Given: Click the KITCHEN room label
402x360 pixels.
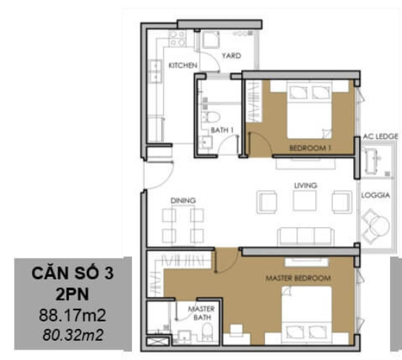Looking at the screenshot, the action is click(x=182, y=65).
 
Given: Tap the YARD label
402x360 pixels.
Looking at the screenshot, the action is click(x=231, y=56).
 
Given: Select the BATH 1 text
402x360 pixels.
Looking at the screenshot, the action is click(x=222, y=130).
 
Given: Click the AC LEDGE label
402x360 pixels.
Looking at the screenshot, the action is click(x=380, y=137).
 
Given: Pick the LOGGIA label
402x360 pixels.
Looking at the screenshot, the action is click(x=375, y=195).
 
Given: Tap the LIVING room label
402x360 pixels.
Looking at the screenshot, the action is click(x=306, y=186).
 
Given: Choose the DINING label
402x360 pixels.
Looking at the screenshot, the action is click(x=183, y=200).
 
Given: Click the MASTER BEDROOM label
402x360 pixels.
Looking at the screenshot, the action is click(x=298, y=278).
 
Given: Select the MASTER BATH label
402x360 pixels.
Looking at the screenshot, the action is click(x=202, y=313).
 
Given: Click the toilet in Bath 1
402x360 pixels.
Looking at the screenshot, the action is click(x=211, y=117).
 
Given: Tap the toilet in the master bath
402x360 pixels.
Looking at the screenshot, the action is click(x=208, y=331).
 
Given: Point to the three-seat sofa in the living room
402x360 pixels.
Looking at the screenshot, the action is click(x=306, y=236).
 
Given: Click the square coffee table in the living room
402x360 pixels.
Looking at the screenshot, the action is click(x=305, y=200).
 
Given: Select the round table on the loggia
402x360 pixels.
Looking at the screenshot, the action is click(x=380, y=226).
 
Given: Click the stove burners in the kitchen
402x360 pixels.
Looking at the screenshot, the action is click(x=177, y=39).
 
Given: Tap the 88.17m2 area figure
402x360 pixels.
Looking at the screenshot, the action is click(x=73, y=315).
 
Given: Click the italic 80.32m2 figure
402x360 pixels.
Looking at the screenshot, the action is click(x=73, y=335).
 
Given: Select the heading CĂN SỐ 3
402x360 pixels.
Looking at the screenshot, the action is click(x=73, y=273).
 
